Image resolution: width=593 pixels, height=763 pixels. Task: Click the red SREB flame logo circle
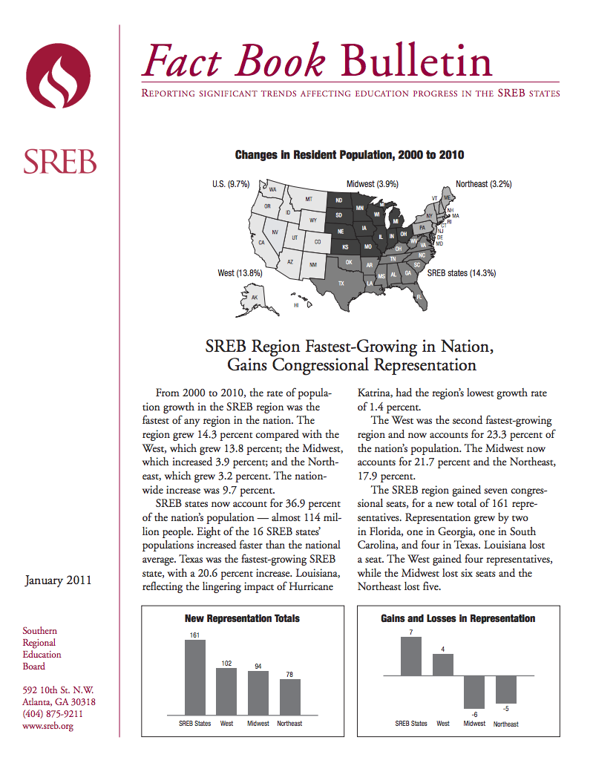tap(58, 76)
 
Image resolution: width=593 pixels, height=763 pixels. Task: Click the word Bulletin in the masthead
tap(416, 61)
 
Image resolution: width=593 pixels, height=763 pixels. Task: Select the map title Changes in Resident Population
tap(350, 154)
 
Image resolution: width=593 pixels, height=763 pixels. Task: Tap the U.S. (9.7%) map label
tap(231, 184)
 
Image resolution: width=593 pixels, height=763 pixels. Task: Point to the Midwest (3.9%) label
tap(372, 184)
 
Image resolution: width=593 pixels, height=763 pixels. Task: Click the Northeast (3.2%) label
tap(484, 184)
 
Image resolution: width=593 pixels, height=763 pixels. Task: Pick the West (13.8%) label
tap(240, 273)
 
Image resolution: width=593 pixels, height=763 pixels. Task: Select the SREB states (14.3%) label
tap(462, 273)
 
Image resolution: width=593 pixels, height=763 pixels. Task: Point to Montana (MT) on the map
tap(309, 199)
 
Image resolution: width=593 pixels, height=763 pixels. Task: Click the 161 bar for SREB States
tap(195, 678)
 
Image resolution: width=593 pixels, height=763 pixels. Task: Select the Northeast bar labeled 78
tap(290, 697)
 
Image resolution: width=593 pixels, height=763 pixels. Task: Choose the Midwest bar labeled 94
tap(258, 693)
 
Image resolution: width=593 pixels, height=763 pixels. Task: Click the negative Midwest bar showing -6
tap(474, 692)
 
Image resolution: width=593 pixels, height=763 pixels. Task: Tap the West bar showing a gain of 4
tap(442, 665)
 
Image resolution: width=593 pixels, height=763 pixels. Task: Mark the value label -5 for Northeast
tap(506, 709)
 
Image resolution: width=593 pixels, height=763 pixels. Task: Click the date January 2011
tap(58, 580)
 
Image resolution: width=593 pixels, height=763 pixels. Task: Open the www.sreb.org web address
tap(47, 726)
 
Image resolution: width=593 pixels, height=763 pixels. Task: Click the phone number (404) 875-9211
tap(53, 714)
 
